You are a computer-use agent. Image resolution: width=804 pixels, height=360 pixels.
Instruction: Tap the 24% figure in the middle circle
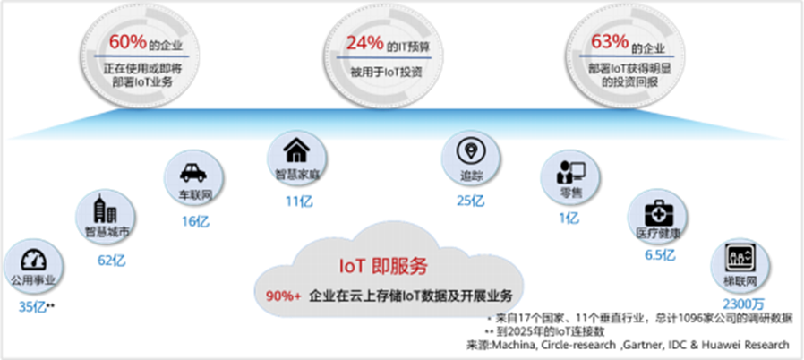(x=365, y=43)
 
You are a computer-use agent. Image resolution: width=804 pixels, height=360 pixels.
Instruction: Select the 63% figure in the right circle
(x=609, y=43)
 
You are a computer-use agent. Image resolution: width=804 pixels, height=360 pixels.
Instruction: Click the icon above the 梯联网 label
(x=740, y=258)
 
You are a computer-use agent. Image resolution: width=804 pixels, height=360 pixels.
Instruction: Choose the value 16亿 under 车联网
(x=194, y=221)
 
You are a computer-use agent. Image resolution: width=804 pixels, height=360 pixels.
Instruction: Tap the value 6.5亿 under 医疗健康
(x=660, y=255)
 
